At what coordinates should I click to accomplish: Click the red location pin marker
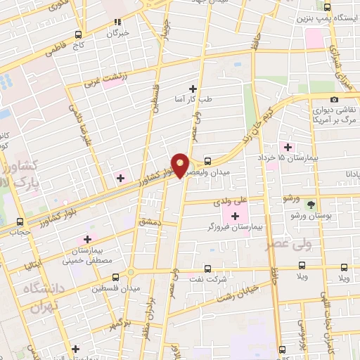point(181,165)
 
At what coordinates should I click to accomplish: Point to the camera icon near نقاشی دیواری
point(333,100)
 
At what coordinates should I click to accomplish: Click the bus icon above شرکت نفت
point(207,268)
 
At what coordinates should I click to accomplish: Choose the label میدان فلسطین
point(115,288)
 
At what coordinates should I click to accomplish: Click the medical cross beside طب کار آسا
point(193,89)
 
